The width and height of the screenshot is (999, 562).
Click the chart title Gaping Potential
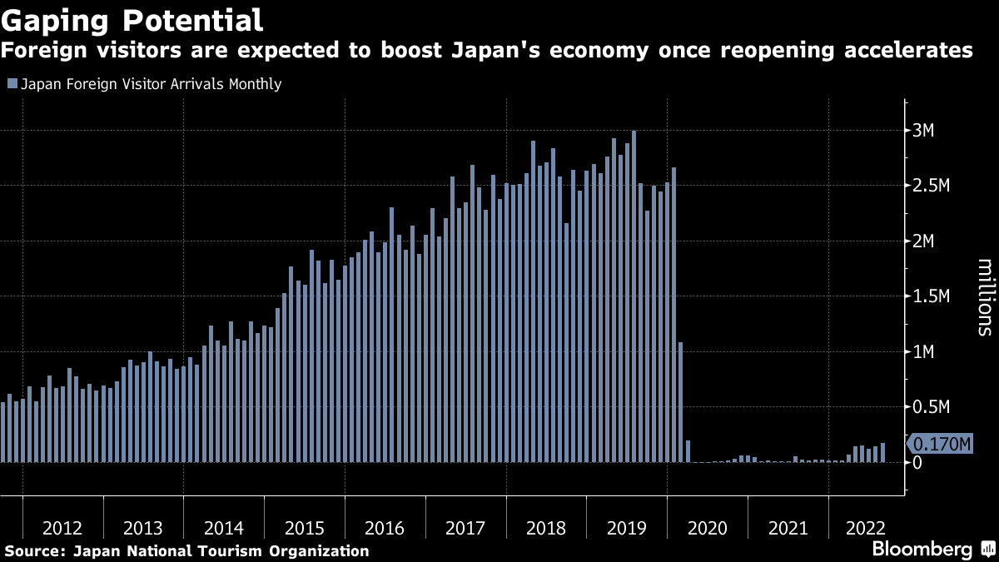tap(132, 18)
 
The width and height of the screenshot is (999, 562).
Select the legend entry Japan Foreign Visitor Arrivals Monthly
tap(151, 84)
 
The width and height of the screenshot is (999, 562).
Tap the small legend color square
tap(12, 84)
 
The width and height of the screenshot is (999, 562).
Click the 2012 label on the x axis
tap(62, 528)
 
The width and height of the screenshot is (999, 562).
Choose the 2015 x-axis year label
tap(304, 528)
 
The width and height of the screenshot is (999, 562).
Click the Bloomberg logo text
tap(922, 550)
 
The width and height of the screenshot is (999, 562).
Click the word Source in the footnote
tap(34, 551)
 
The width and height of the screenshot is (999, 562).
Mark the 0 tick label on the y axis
tap(917, 462)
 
